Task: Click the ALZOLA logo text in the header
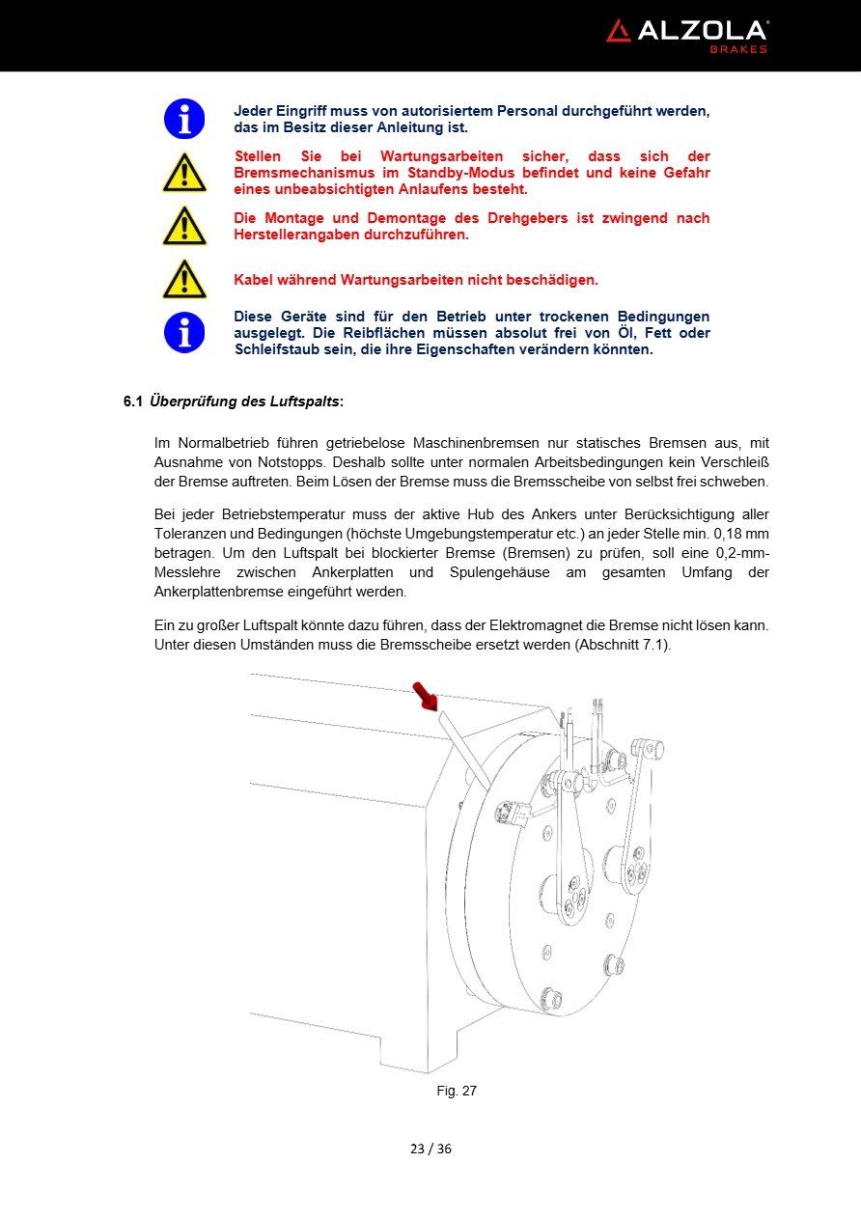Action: pyautogui.click(x=701, y=31)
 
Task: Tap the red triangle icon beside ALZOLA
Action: pyautogui.click(x=618, y=31)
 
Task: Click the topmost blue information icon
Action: pyautogui.click(x=183, y=119)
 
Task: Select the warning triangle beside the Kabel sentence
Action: pyautogui.click(x=183, y=280)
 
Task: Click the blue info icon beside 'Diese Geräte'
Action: pyautogui.click(x=183, y=333)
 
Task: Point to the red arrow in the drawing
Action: pyautogui.click(x=424, y=695)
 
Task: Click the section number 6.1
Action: pyautogui.click(x=132, y=401)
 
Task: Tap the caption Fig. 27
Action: pyautogui.click(x=457, y=1091)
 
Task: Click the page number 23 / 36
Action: pyautogui.click(x=430, y=1149)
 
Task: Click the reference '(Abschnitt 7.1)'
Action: pyautogui.click(x=622, y=644)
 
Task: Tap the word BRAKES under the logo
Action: pyautogui.click(x=738, y=49)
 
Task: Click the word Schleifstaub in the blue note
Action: pyautogui.click(x=276, y=349)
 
